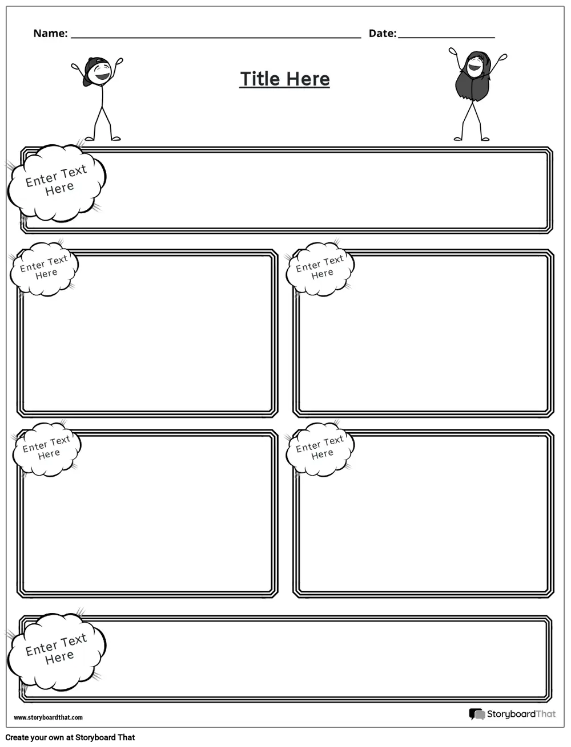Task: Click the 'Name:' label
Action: [x=50, y=34]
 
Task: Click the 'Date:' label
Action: [x=382, y=34]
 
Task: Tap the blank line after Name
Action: [x=216, y=36]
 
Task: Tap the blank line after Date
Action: [x=446, y=36]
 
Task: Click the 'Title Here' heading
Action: [x=284, y=79]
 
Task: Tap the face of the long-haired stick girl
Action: [x=475, y=65]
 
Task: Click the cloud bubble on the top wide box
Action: [x=57, y=182]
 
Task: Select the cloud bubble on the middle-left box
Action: [x=44, y=269]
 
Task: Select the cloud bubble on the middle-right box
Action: [x=320, y=269]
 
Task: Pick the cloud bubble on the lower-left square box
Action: [x=47, y=449]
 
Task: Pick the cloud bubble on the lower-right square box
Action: [x=320, y=449]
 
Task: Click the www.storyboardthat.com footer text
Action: [x=48, y=717]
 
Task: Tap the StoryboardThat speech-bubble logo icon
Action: [x=477, y=714]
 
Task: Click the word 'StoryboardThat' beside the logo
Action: [x=521, y=714]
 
